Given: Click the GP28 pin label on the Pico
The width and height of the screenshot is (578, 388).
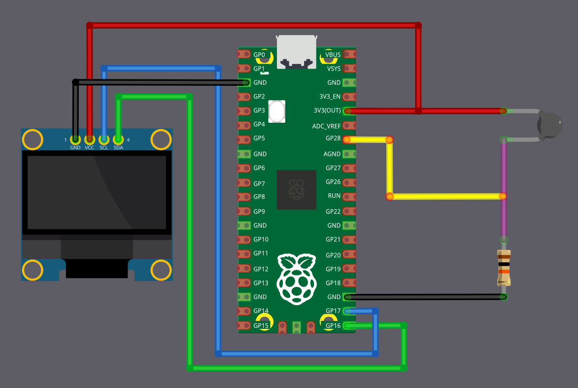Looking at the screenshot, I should click(x=333, y=139).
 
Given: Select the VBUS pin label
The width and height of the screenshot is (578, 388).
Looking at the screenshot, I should click(x=333, y=54).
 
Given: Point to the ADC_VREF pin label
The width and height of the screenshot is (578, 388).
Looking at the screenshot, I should click(x=326, y=126).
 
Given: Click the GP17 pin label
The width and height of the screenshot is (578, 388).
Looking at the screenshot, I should click(x=333, y=311).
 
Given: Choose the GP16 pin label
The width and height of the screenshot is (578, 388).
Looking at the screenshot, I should click(x=333, y=325).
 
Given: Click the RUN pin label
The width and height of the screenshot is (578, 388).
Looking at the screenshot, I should click(x=334, y=196).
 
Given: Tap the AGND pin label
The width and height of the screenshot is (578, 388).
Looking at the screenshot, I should click(x=332, y=154).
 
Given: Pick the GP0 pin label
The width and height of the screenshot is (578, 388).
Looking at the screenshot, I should click(x=259, y=54).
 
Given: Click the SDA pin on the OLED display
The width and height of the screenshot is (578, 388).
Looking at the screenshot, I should click(x=118, y=140).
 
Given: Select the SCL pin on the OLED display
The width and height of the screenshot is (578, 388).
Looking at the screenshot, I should click(x=104, y=140).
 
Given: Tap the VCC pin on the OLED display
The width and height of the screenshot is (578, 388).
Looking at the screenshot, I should click(x=90, y=140).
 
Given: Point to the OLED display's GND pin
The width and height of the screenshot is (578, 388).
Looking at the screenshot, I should click(x=75, y=140).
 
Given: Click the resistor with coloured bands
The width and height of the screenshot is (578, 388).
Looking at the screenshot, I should click(x=504, y=268).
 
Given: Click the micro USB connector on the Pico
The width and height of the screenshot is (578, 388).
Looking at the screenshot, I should click(x=297, y=51).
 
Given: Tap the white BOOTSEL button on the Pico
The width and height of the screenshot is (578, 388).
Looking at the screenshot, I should click(x=278, y=111).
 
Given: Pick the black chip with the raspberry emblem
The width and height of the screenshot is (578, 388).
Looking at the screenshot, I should click(x=297, y=190).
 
